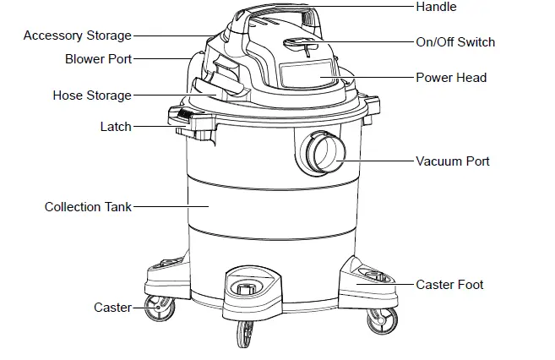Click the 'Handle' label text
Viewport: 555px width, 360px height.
point(436,8)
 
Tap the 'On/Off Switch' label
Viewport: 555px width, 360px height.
point(455,42)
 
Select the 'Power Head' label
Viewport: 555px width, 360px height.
point(451,78)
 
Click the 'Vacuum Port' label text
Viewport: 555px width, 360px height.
point(452,161)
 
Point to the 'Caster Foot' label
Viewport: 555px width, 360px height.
point(449,285)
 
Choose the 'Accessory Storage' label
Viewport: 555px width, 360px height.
point(78,35)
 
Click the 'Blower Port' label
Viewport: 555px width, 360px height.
point(98,59)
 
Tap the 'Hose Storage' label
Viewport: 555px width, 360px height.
point(92,95)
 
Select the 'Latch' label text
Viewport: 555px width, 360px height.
point(116,127)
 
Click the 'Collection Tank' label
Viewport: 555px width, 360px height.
point(88,206)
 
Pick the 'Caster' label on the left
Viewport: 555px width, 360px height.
point(112,308)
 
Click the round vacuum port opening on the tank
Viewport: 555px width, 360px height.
point(320,154)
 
